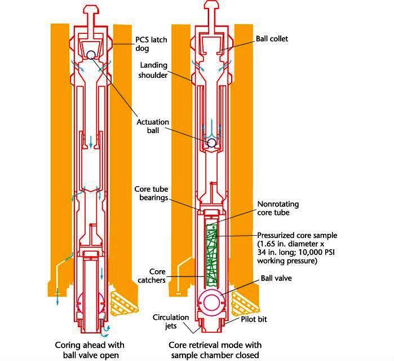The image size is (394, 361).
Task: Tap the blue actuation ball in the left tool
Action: click(x=91, y=55)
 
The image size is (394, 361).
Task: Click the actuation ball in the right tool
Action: click(x=212, y=143)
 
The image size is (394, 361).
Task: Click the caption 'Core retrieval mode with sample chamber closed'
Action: click(x=215, y=349)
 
